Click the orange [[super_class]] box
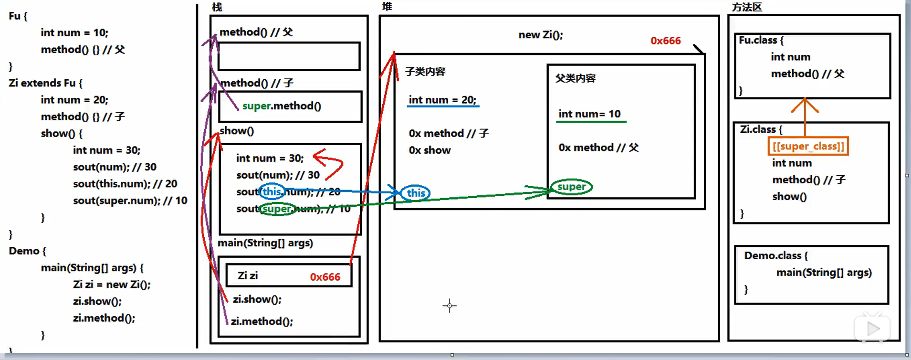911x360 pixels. pos(808,146)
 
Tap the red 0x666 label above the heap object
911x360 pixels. pos(665,41)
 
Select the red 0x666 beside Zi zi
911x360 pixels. pos(325,277)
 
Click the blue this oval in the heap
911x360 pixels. pos(415,193)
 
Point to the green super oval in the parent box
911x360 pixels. pos(571,187)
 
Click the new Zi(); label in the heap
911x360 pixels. pos(540,35)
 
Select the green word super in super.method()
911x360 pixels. pos(256,106)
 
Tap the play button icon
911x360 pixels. pos(873,328)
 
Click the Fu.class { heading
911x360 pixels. pos(761,40)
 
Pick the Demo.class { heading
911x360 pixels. pos(775,255)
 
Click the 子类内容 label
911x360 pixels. pos(425,72)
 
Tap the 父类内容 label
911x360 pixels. pos(575,78)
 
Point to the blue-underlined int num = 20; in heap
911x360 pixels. pos(442,100)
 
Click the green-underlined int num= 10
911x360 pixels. pos(589,114)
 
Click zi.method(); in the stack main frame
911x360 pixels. pos(262,321)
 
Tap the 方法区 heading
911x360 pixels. pos(746,7)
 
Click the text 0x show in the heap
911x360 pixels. pos(429,150)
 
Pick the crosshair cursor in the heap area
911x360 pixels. pos(450,306)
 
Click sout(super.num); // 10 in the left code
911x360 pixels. pos(130,201)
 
